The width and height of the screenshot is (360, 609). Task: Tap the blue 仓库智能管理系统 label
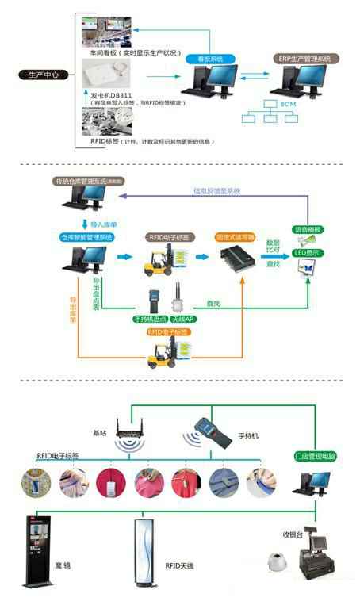87,237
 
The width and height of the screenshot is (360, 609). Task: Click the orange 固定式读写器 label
236,236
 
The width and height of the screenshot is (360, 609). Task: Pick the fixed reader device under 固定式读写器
236,259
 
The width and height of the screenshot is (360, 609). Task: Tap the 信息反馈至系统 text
216,191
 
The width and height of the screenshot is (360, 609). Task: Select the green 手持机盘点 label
151,319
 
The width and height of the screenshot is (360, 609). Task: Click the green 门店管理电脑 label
315,456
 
